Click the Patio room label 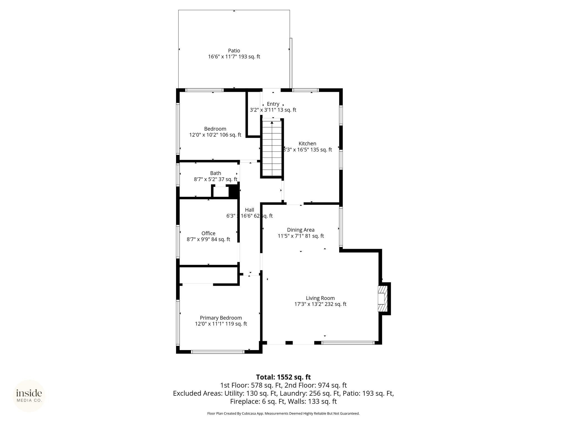pyautogui.click(x=234, y=51)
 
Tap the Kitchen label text pyautogui.click(x=307, y=144)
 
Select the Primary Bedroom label pyautogui.click(x=221, y=318)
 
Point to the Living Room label pyautogui.click(x=320, y=298)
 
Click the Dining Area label pyautogui.click(x=301, y=230)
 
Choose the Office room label pyautogui.click(x=208, y=234)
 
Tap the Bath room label pyautogui.click(x=215, y=173)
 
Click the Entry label pyautogui.click(x=273, y=104)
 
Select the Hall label pyautogui.click(x=249, y=210)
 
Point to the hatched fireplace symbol pyautogui.click(x=382, y=299)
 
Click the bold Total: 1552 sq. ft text pyautogui.click(x=283, y=377)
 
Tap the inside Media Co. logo pyautogui.click(x=29, y=396)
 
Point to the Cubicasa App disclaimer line pyautogui.click(x=283, y=414)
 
